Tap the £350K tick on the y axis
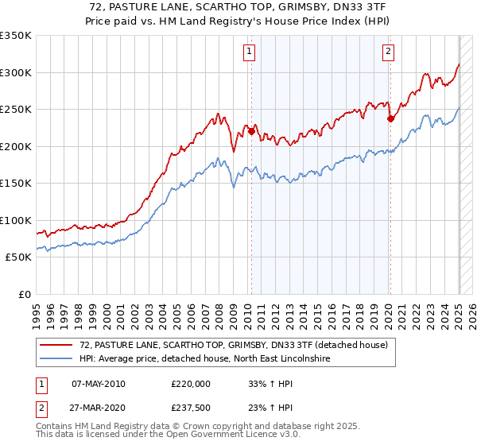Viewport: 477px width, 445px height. (16, 36)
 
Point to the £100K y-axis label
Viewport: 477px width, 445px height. (16, 220)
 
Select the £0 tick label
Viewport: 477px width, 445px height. (25, 294)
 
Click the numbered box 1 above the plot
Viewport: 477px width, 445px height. (249, 52)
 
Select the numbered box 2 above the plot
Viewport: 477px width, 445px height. (388, 52)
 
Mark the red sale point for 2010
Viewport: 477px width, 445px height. (251, 132)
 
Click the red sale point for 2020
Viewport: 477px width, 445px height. (390, 119)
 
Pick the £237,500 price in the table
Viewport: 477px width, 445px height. (191, 408)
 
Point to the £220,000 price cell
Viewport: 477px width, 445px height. (191, 384)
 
